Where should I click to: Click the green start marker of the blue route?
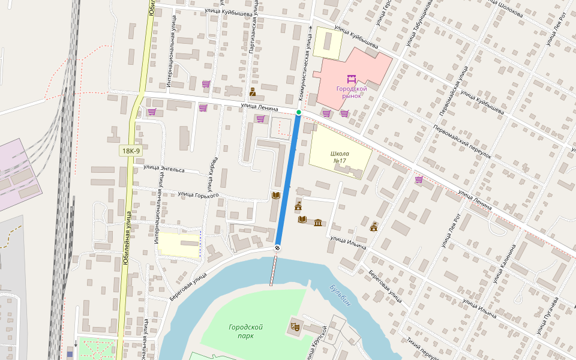point(298,112)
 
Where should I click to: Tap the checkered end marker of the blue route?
point(277,248)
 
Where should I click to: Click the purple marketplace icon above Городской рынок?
point(352,79)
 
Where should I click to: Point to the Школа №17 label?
point(339,157)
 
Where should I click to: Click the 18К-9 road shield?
point(130,151)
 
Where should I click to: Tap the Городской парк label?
point(245,331)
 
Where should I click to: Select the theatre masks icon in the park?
point(295,327)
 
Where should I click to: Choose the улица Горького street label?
point(198,194)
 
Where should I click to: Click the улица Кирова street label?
point(213,175)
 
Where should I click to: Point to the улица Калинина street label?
point(504,264)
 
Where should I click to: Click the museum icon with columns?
point(317,223)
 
